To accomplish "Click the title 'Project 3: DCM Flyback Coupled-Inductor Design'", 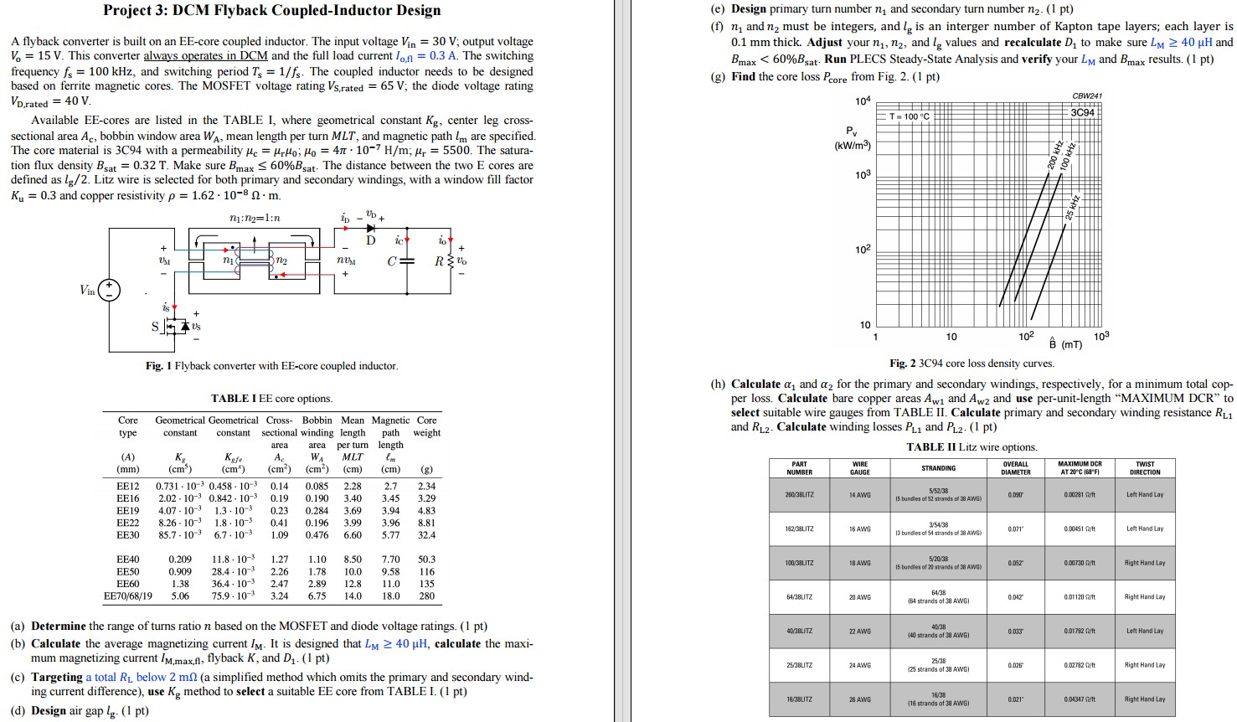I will point(271,11).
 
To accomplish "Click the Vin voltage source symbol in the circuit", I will point(109,291).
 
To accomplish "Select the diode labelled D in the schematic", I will point(371,228).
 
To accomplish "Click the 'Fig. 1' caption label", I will point(158,366).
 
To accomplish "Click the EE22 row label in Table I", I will point(128,523).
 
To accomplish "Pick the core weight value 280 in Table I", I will point(426,596).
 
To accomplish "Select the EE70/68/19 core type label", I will point(128,596).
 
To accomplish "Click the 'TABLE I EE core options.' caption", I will point(271,399).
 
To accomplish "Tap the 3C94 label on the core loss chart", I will point(1082,112).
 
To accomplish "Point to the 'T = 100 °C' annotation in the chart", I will point(910,116).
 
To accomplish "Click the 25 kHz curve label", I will point(1073,207).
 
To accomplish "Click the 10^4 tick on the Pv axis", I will point(863,101).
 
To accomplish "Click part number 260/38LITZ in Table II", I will point(800,495).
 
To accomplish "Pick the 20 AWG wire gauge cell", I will point(859,597).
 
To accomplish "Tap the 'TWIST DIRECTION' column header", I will point(1144,468).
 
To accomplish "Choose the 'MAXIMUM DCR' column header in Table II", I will point(1080,468).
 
